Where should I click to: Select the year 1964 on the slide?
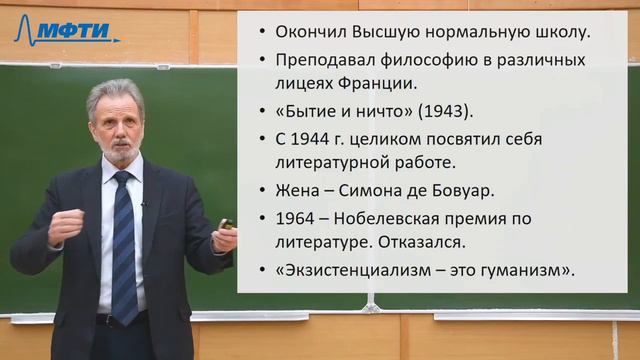click(x=290, y=218)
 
